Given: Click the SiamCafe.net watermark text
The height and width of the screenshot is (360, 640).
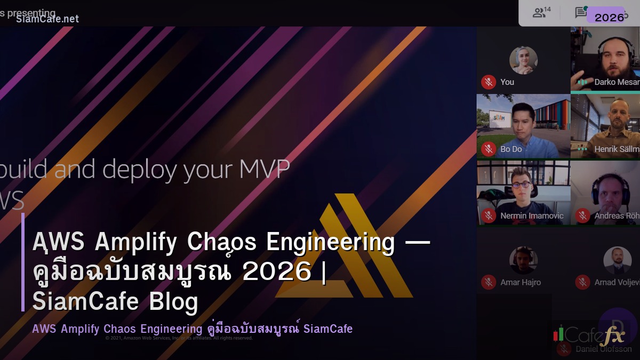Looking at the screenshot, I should pos(47,19).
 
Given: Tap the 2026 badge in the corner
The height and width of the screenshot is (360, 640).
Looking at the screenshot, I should pos(609,17).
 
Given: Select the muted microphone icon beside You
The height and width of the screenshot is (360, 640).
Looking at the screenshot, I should pos(489,82).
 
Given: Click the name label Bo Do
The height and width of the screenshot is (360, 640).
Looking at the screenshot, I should pos(511,149).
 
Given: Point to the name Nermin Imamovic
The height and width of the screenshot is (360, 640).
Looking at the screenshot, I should pos(532,216).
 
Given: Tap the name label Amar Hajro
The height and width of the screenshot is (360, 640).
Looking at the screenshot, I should pos(521,283).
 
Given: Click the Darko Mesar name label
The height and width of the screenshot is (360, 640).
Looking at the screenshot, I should pos(617,82).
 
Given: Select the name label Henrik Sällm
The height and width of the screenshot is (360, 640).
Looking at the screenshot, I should pos(617,149).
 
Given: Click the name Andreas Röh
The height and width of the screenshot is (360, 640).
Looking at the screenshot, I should pos(617,216).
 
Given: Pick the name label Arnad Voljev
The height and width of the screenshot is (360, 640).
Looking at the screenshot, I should pos(617,283).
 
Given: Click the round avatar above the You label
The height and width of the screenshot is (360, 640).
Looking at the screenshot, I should pos(523,60).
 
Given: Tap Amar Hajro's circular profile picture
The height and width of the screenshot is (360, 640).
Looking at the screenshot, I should pos(523,260).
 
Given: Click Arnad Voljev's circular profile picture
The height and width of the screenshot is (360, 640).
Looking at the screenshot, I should pos(617,260).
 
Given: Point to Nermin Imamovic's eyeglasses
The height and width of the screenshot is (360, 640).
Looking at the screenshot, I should pos(522,185).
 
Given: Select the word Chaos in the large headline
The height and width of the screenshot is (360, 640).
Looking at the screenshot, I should pos(223,242).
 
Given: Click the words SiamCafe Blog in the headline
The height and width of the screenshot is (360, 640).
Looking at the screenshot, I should pos(115,301).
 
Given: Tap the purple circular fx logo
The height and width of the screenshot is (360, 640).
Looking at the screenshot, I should pos(617,327).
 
